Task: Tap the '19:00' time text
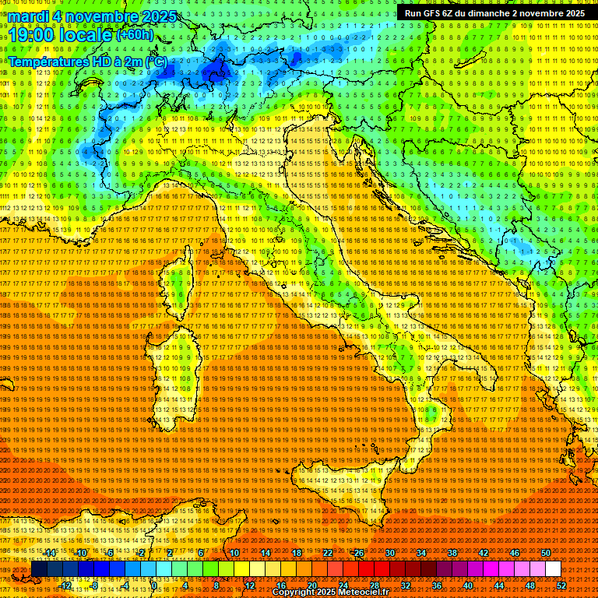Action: click(x=32, y=34)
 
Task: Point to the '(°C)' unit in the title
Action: click(x=155, y=61)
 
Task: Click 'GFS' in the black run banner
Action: click(x=435, y=13)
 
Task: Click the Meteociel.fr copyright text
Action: click(x=330, y=593)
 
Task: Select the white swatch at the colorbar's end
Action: click(x=553, y=569)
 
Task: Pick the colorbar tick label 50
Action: click(x=546, y=553)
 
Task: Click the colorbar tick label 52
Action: click(x=561, y=585)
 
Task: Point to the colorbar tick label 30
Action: click(x=390, y=553)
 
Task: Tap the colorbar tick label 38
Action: click(x=452, y=553)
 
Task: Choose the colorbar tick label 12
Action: click(x=249, y=585)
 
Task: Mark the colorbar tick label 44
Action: click(x=499, y=585)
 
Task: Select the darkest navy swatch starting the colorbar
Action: click(x=39, y=569)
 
